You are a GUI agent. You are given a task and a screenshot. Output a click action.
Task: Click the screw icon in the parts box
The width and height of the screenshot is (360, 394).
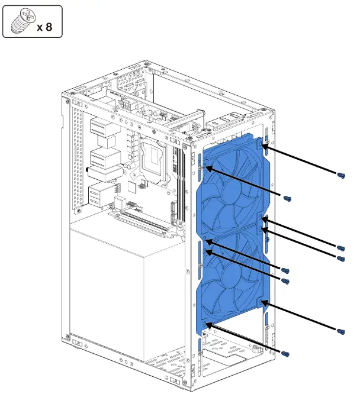pos(22,22)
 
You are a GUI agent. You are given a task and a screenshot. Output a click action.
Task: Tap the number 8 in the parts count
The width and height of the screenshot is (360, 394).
pos(52,27)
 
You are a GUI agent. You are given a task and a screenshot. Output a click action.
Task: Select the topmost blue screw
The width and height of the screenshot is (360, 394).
pos(341,175)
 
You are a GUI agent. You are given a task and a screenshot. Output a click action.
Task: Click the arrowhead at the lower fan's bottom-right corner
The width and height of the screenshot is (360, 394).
pos(265,303)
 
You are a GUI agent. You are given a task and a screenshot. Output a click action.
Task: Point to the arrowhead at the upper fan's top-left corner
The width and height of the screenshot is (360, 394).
pos(207,169)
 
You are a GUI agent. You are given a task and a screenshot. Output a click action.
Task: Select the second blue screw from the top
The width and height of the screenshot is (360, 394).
pos(287,199)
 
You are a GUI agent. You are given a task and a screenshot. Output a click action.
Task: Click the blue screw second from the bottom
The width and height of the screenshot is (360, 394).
pos(341,330)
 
